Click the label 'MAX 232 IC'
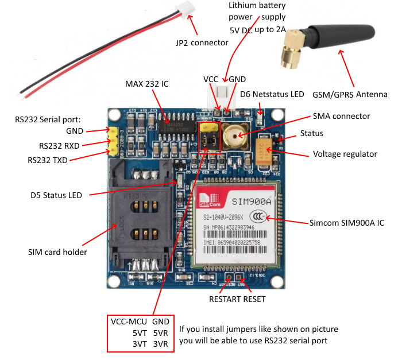[x=147, y=84]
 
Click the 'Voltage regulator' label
[x=345, y=154]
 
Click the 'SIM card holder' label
[x=57, y=251]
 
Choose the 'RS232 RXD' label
[x=62, y=146]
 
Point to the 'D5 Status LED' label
[x=56, y=195]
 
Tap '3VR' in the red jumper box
[x=160, y=344]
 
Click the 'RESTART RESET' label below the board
[x=237, y=299]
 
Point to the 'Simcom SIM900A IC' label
[x=346, y=222]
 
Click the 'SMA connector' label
[x=341, y=116]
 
